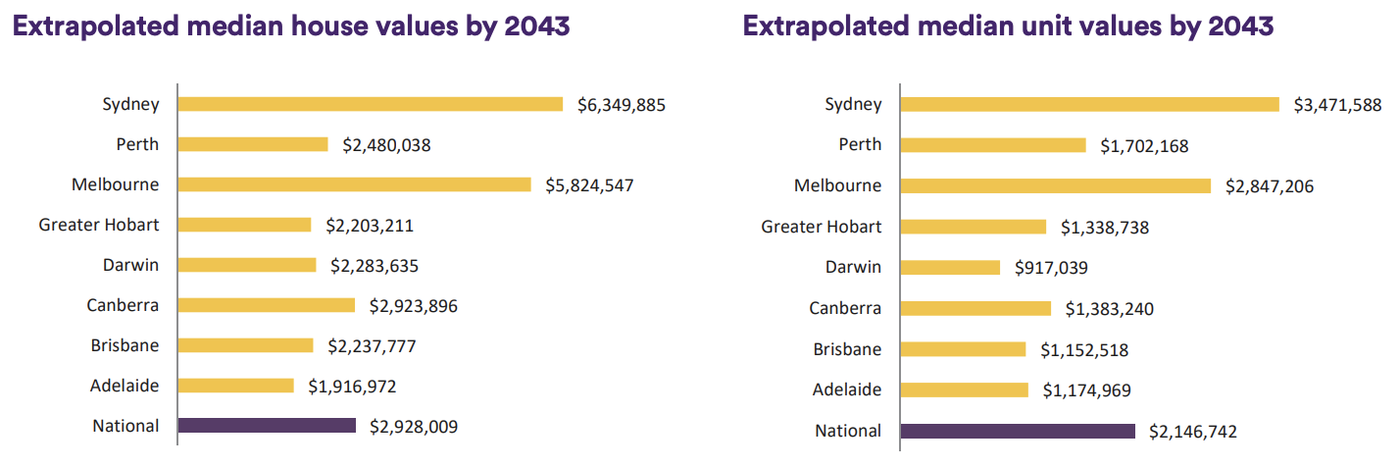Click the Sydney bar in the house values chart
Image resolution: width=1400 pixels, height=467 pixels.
point(371,104)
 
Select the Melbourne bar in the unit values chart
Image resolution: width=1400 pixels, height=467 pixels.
point(1055,185)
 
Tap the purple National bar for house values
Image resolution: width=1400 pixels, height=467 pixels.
point(267,426)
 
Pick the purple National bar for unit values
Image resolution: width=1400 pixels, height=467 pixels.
point(1017,431)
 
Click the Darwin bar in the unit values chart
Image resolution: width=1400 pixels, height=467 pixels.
point(949,267)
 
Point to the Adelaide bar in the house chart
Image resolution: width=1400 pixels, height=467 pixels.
point(235,386)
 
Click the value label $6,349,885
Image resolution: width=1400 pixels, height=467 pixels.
point(622,104)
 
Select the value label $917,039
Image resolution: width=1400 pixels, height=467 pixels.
point(1051,267)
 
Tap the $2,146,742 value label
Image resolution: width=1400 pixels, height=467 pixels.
point(1193,431)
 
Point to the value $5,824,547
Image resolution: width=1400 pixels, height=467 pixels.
point(589,184)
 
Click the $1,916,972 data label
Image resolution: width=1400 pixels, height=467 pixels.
point(352,386)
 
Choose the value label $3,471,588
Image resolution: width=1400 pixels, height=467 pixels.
point(1338,104)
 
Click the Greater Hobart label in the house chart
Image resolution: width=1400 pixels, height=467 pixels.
point(99,225)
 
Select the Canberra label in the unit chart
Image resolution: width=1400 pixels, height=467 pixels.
point(845,308)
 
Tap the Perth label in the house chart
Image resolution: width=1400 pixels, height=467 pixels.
point(137,144)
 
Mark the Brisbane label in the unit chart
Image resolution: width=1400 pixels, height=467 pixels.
point(847,349)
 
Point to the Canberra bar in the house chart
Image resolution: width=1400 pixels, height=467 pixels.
point(267,305)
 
